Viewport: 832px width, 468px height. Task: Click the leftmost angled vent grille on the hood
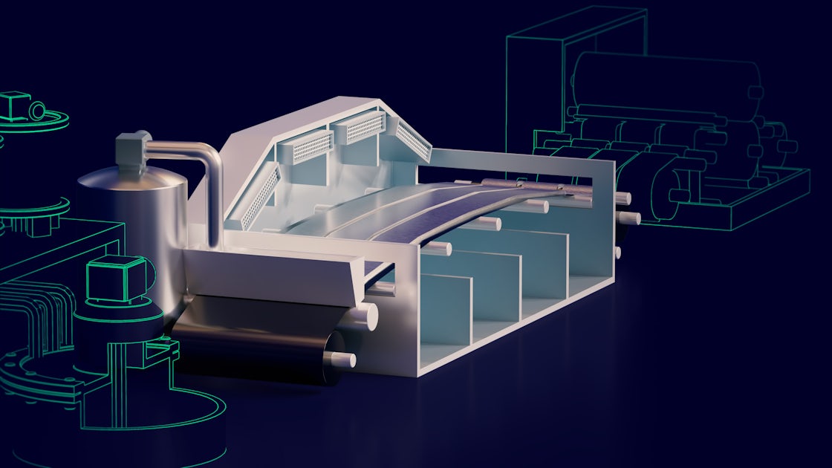pos(261,198)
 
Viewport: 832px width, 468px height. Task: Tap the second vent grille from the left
pos(312,147)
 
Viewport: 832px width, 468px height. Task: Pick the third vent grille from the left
pos(365,128)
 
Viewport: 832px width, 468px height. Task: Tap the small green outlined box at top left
pos(15,106)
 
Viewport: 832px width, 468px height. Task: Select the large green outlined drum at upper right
pos(665,82)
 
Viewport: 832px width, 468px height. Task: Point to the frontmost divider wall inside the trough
pos(446,308)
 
